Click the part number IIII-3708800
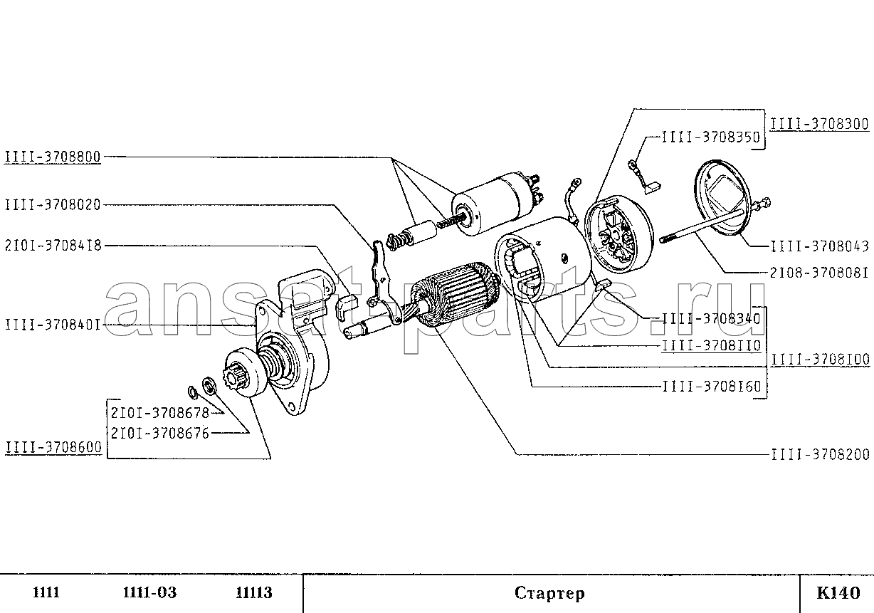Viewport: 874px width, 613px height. coord(52,156)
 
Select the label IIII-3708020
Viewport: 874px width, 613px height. coord(52,205)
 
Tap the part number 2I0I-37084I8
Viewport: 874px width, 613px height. coord(52,245)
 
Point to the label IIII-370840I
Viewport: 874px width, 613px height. coord(52,325)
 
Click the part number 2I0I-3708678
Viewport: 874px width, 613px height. coord(159,412)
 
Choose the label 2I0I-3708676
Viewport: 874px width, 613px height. coord(159,431)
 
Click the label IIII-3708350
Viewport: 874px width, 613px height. coord(710,137)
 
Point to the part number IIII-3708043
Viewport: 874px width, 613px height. coord(819,246)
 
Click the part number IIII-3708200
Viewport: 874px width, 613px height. coord(819,454)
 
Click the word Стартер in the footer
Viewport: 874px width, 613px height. coord(549,593)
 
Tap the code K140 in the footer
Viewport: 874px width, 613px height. coord(838,592)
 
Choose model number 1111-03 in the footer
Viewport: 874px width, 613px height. coord(149,592)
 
